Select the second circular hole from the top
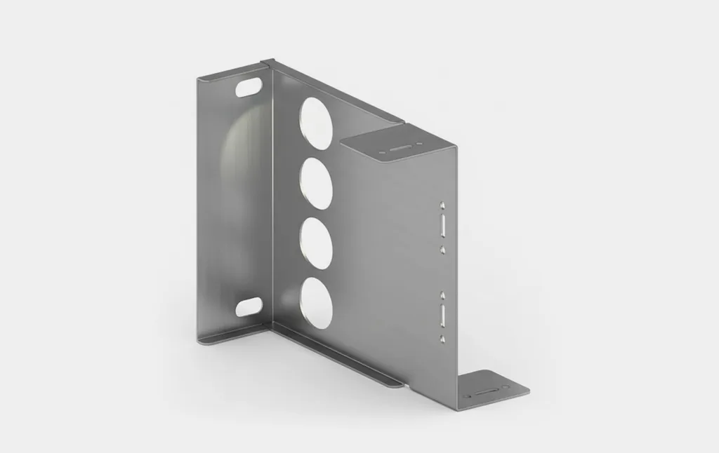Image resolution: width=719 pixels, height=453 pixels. (x=317, y=182)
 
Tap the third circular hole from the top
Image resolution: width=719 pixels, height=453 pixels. (x=317, y=243)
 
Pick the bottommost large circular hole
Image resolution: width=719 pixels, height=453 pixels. (x=317, y=303)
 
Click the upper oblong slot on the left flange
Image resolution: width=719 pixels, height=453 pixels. (x=249, y=88)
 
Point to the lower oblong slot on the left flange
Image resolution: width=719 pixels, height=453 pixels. (x=249, y=306)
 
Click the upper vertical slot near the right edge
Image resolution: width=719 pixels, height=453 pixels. (x=442, y=226)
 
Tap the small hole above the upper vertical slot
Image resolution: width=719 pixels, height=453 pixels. (x=442, y=205)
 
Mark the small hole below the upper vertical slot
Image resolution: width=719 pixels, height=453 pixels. (x=442, y=248)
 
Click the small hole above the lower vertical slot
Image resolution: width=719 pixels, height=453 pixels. (x=442, y=295)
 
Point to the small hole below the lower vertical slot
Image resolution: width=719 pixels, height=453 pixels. (x=442, y=338)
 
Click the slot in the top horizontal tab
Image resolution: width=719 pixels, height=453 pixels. (x=398, y=149)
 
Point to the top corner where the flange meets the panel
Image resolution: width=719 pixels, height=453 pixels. (x=268, y=64)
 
